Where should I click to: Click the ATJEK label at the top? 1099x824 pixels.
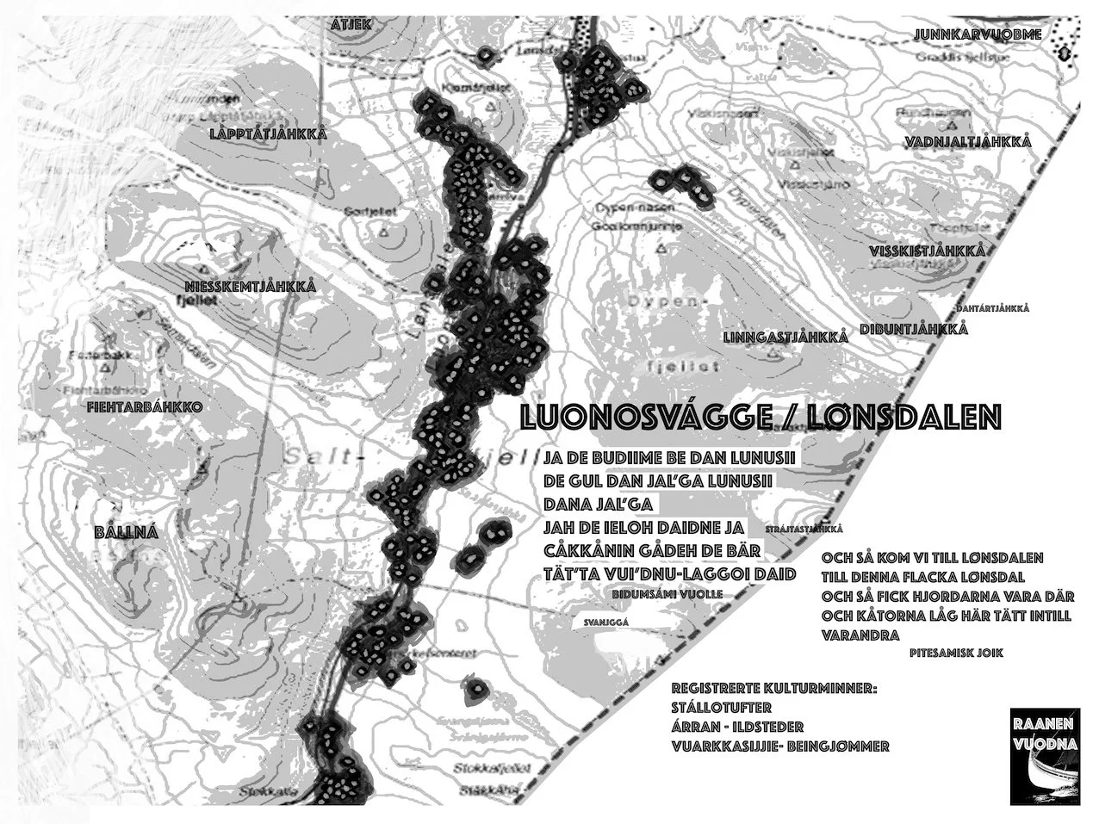(351, 24)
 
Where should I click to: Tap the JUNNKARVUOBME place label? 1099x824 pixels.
(978, 34)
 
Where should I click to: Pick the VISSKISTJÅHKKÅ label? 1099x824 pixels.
(926, 251)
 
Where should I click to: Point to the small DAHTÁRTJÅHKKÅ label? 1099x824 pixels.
(993, 307)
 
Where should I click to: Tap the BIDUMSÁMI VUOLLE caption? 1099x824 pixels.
(666, 594)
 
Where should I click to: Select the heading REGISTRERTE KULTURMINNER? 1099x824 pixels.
(774, 691)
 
